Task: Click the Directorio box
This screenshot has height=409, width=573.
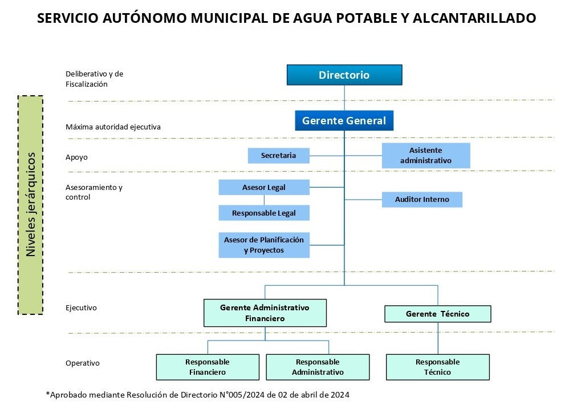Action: (344, 75)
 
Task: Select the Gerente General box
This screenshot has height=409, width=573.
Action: (344, 121)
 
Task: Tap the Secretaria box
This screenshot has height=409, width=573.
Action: (279, 155)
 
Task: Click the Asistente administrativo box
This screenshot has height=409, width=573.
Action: (426, 155)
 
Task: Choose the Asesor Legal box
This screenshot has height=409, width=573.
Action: (264, 187)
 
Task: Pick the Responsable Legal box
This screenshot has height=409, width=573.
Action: (264, 213)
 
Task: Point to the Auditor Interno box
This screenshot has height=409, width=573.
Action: (422, 199)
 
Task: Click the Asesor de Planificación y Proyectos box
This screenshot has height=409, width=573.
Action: (264, 245)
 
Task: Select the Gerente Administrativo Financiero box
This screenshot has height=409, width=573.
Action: (265, 313)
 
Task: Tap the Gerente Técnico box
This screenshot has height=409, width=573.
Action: (437, 314)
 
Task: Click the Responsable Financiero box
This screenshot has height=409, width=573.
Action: (208, 367)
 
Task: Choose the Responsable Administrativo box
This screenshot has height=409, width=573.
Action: (318, 367)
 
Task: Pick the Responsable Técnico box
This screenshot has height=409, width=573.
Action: (437, 367)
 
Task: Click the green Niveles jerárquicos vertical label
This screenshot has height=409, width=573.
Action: (31, 204)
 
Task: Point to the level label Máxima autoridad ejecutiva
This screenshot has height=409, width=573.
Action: (113, 127)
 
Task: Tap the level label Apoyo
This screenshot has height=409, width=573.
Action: (76, 157)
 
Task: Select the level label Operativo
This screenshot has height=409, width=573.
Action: (82, 363)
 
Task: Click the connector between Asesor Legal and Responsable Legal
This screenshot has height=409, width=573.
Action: (264, 200)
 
